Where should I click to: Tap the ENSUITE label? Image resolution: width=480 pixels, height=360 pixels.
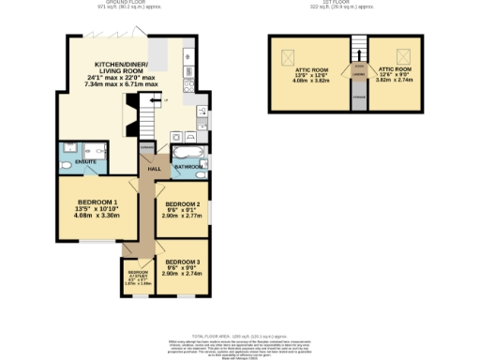[x=71, y=161]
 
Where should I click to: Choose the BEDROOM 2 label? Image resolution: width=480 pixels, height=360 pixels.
[x=183, y=203]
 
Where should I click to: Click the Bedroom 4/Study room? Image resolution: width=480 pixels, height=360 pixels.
[x=137, y=277]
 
